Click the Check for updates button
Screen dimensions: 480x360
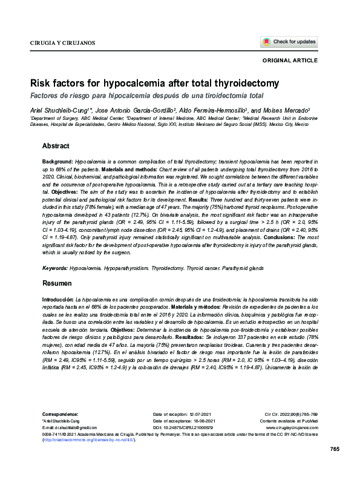(x=289, y=42)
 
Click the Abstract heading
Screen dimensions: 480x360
(x=56, y=146)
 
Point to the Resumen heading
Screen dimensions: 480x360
(x=57, y=283)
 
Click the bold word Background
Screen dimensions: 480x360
(x=57, y=163)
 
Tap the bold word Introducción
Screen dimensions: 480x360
(x=58, y=300)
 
